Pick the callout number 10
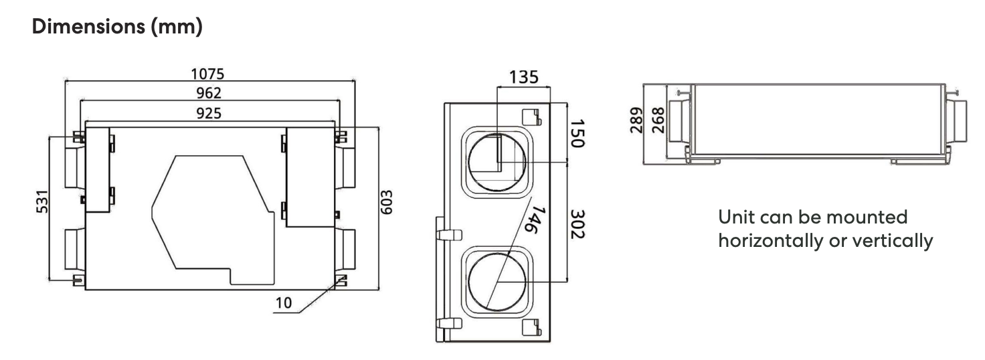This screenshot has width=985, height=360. (284, 302)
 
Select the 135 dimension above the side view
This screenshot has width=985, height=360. (523, 77)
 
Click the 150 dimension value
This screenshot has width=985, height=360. (576, 133)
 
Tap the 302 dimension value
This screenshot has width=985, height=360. (576, 223)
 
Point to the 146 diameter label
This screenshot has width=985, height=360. (530, 219)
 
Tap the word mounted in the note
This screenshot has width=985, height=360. (867, 217)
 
